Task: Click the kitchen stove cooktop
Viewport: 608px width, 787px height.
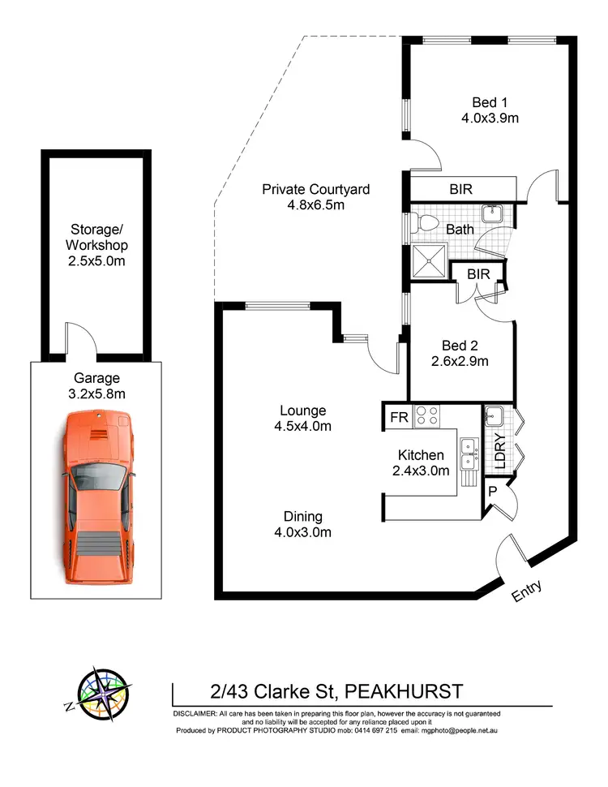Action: point(426,416)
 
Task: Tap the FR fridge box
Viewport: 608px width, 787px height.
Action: point(398,417)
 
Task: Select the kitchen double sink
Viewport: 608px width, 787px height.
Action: point(468,454)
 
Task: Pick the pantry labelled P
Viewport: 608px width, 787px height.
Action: point(493,493)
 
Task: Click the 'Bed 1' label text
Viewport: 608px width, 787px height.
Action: point(490,102)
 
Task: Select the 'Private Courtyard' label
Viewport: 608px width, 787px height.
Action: point(315,189)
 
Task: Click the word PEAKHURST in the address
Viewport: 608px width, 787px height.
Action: point(404,691)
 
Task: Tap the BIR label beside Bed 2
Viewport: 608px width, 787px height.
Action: point(478,274)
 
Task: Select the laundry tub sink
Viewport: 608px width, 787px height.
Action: point(494,418)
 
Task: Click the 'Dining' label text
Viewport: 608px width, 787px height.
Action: point(303,516)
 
